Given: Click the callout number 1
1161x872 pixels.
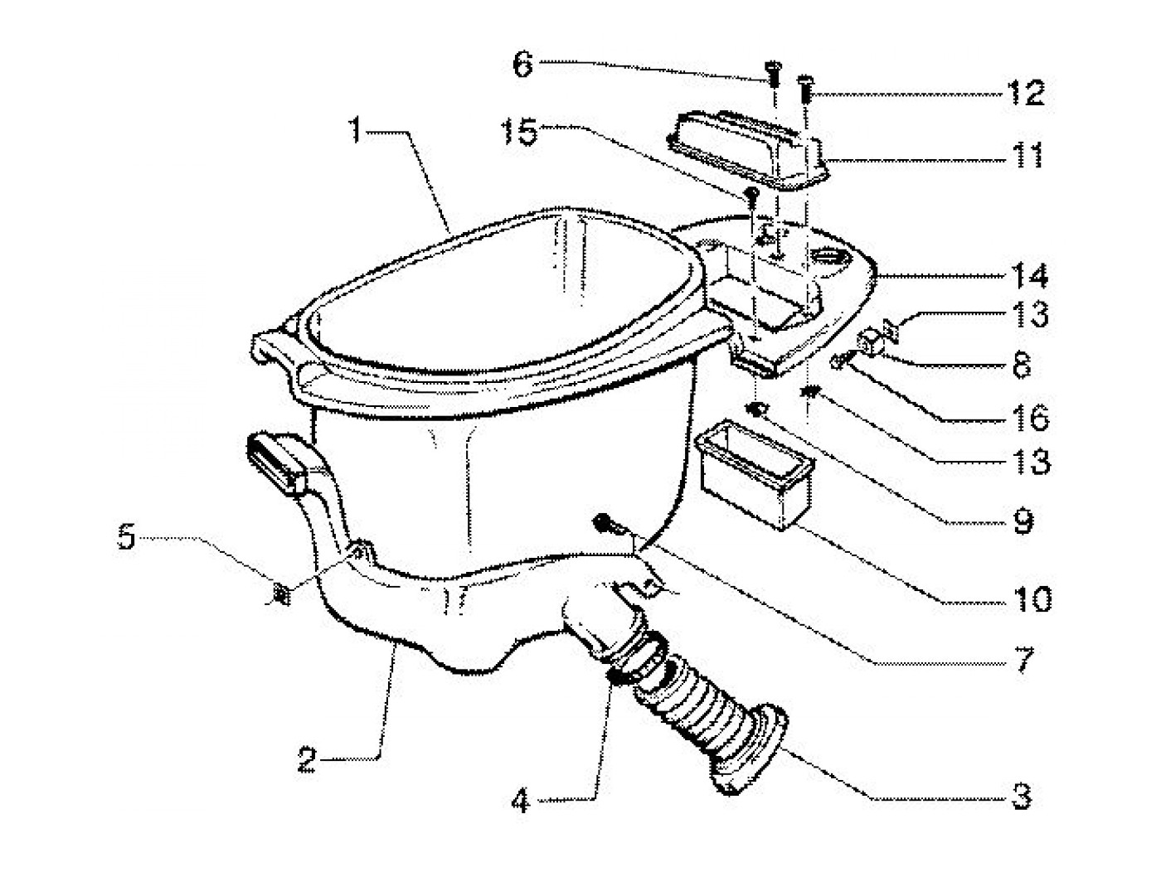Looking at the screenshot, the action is (x=356, y=131).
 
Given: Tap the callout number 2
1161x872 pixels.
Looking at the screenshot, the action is (x=308, y=761).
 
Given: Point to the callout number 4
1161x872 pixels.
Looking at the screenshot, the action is (x=520, y=802).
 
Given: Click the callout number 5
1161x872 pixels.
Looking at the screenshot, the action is (x=126, y=539).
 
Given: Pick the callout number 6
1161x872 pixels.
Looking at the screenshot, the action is (x=522, y=65).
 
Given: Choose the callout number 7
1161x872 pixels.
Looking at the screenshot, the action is (x=1023, y=660).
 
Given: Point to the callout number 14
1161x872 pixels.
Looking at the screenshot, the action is (x=1029, y=275).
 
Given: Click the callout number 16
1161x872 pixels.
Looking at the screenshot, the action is (x=1031, y=417).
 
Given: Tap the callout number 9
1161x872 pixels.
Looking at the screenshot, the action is (x=1023, y=521).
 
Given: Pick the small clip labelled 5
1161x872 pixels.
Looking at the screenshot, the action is (x=281, y=593).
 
